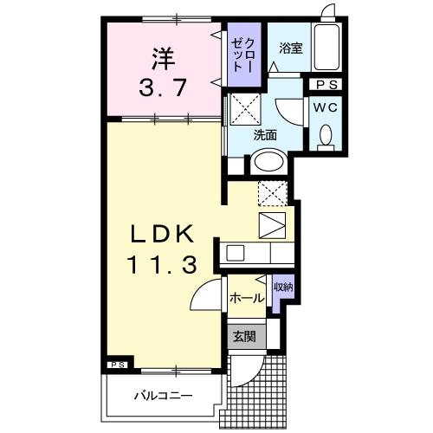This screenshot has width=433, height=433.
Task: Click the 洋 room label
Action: [x=161, y=59]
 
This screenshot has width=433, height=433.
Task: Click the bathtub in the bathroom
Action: [x=326, y=49]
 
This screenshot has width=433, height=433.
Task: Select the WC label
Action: [x=326, y=107]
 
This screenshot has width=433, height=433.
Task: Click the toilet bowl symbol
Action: [x=326, y=136]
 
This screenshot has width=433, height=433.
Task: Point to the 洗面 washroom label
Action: [x=265, y=136]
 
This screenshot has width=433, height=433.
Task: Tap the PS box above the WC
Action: [x=327, y=84]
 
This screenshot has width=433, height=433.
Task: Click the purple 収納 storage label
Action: [x=282, y=287]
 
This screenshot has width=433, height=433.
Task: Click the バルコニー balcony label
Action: [x=161, y=397]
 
